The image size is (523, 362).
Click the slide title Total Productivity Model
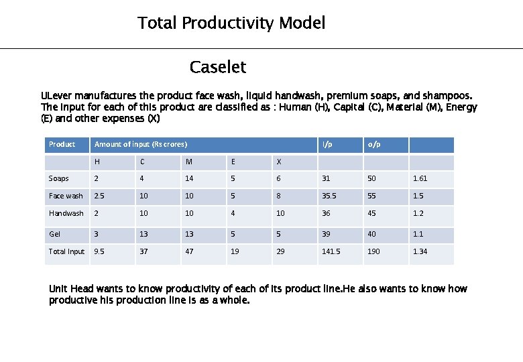231,23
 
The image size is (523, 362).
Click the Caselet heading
218,67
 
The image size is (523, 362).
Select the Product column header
62,145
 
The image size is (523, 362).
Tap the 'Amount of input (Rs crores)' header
141,145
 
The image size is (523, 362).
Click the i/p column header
327,145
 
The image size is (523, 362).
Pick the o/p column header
373,145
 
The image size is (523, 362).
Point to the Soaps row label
58,179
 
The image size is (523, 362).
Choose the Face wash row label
66,196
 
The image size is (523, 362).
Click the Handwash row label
66,213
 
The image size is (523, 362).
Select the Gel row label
54,235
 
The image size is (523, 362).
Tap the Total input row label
66,252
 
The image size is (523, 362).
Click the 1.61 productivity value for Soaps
420,179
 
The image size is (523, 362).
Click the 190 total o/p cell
373,252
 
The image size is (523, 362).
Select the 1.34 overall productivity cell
420,252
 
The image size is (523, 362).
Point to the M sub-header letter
189,162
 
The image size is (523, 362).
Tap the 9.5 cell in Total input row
99,252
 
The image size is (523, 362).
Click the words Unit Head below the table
71,289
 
